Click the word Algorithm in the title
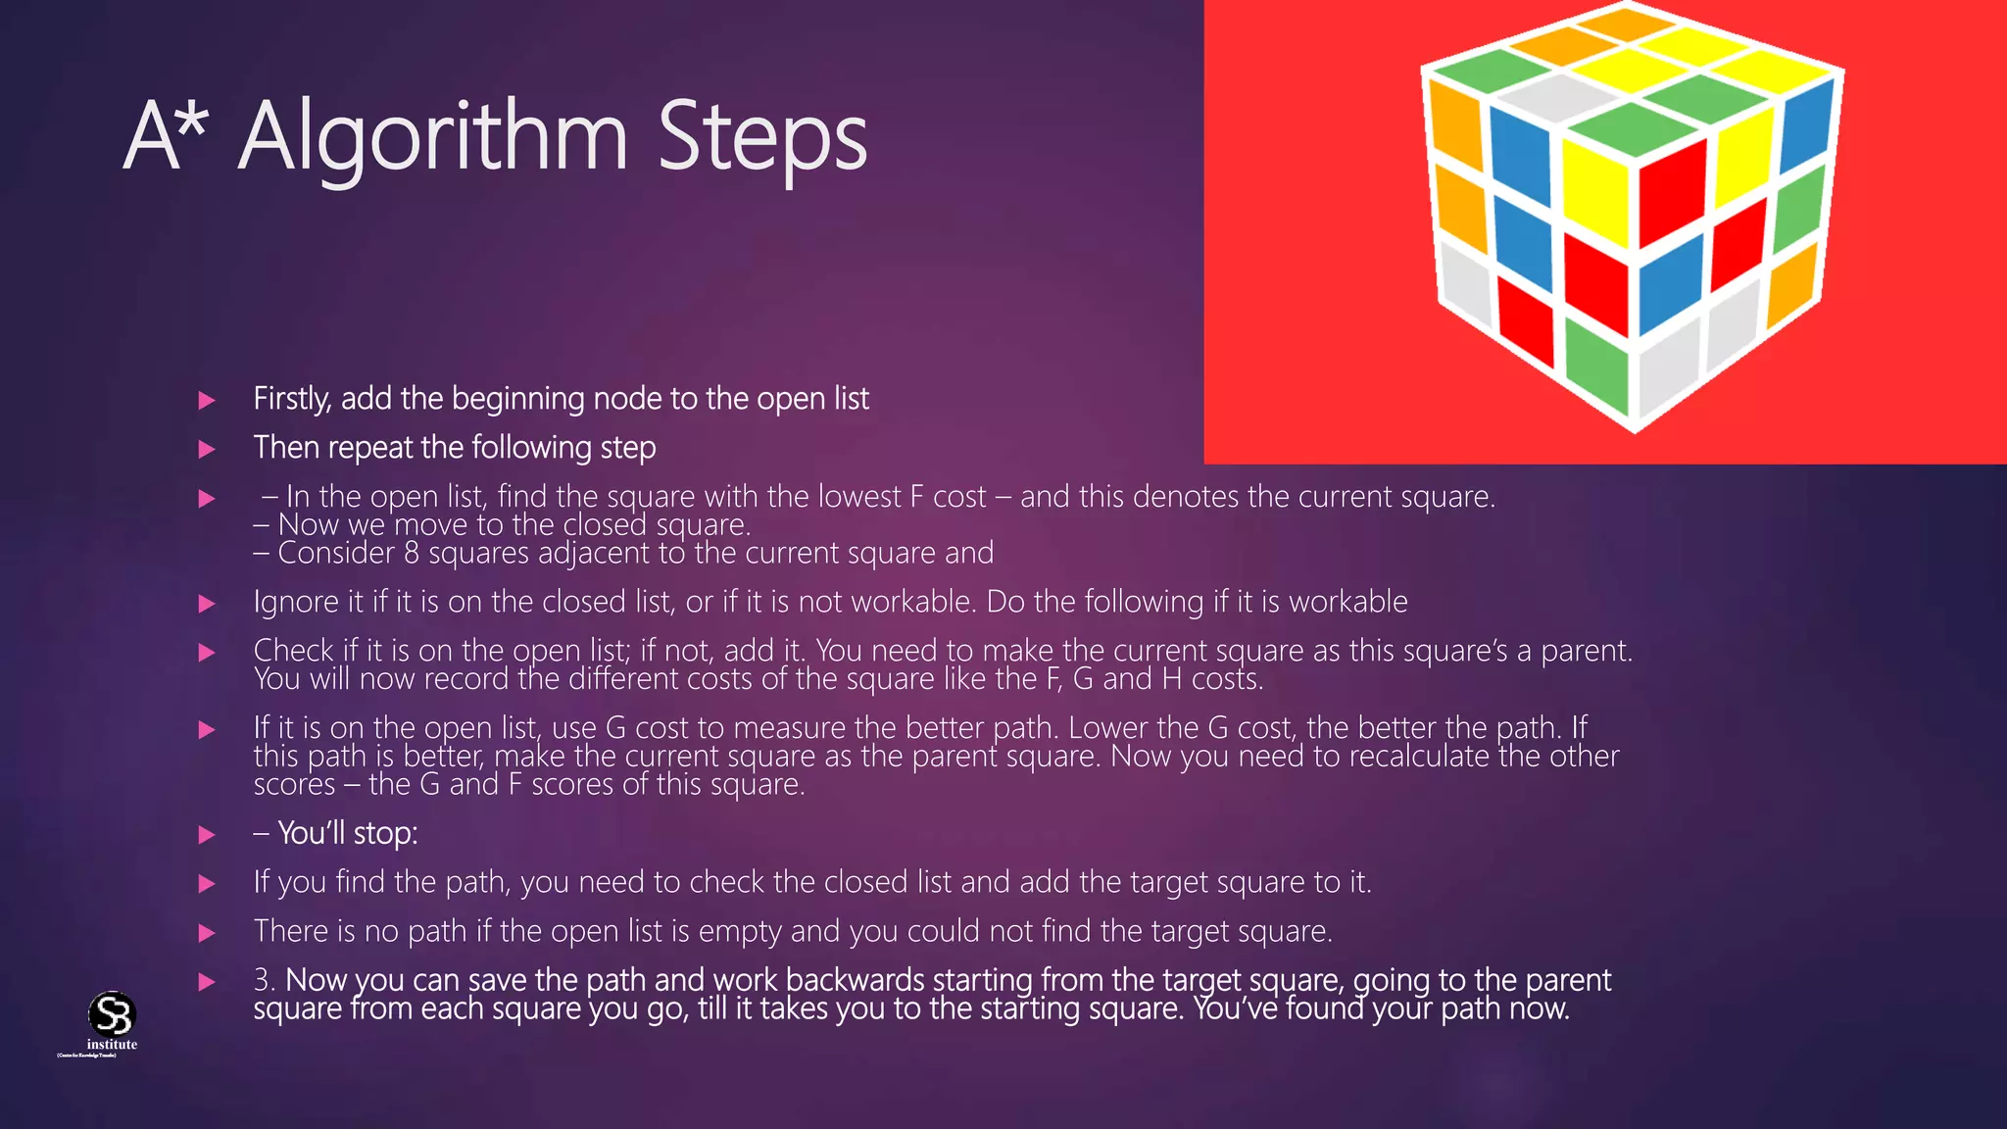click(x=432, y=137)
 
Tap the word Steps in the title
click(x=761, y=137)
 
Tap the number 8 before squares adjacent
click(x=412, y=553)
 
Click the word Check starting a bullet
click(x=293, y=651)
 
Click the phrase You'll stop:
click(x=347, y=834)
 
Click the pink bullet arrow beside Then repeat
click(x=207, y=449)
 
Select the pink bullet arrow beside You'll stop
click(x=207, y=835)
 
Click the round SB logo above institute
click(x=112, y=1013)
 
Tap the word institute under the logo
click(x=112, y=1045)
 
